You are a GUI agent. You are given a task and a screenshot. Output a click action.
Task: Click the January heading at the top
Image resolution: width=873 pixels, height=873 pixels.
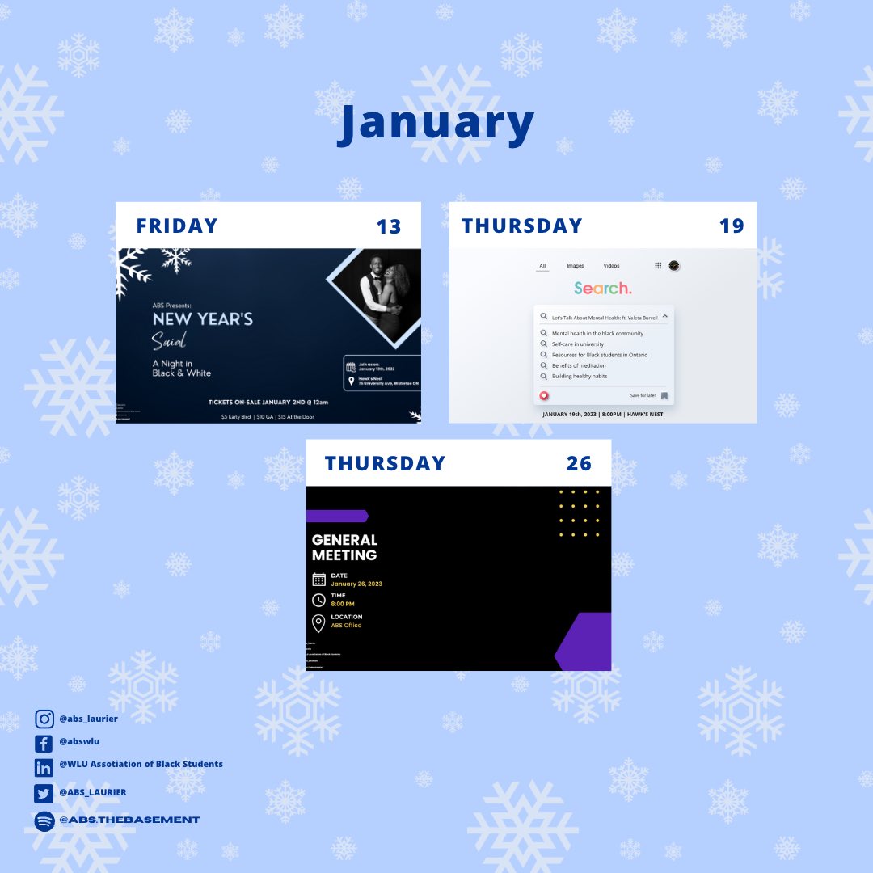(x=436, y=123)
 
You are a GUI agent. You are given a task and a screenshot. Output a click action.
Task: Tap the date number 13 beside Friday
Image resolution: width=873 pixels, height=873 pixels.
(x=389, y=226)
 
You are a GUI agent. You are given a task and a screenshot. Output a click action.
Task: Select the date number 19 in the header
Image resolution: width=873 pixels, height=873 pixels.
(x=732, y=226)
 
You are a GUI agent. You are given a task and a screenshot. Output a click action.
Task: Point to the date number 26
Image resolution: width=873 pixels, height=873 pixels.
(x=579, y=464)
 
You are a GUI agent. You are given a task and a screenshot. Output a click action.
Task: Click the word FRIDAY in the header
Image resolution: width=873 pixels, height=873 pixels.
(x=177, y=226)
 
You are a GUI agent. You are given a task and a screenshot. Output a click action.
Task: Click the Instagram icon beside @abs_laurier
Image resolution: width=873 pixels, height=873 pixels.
(x=44, y=719)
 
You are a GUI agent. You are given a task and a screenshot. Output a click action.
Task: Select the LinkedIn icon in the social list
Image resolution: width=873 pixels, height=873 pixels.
(x=44, y=767)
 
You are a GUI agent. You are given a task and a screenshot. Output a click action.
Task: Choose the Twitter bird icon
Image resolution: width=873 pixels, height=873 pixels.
(x=44, y=793)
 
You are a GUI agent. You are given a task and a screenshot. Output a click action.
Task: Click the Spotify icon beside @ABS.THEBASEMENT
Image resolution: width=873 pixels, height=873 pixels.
(x=44, y=820)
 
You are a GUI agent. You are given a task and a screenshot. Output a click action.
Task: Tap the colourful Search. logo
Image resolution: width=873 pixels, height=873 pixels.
(x=603, y=289)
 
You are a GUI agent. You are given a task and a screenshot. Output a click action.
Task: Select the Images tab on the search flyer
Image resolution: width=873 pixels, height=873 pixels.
(x=576, y=266)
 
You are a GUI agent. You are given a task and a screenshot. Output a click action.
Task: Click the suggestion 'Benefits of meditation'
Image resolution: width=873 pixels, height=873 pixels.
(x=579, y=365)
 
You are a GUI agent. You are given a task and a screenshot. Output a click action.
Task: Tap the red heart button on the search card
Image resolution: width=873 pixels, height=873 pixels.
(x=544, y=395)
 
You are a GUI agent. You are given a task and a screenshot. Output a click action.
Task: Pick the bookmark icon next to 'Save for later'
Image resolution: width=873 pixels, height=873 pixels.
(x=664, y=395)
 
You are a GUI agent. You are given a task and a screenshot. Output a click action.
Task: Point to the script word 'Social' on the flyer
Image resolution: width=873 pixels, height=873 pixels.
(x=170, y=342)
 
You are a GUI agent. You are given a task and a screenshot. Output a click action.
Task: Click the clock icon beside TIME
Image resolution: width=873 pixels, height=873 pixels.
(x=318, y=600)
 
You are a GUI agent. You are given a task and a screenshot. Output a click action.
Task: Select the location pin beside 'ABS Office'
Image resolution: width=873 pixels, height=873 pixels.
(x=318, y=622)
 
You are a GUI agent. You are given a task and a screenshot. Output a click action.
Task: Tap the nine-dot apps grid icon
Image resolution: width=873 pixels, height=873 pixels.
(x=658, y=265)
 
